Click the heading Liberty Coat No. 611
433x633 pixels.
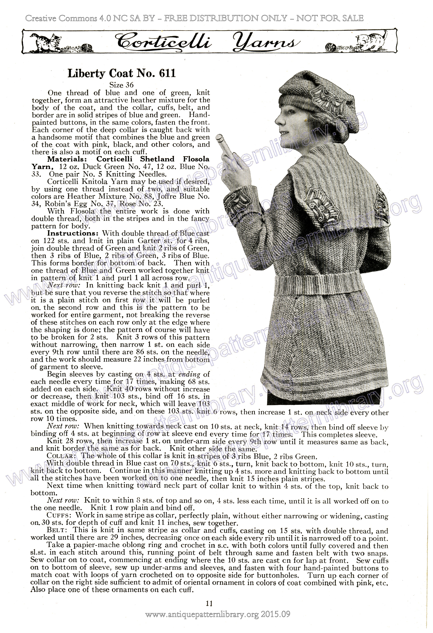pos(122,73)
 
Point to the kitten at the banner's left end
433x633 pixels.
pos(50,41)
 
